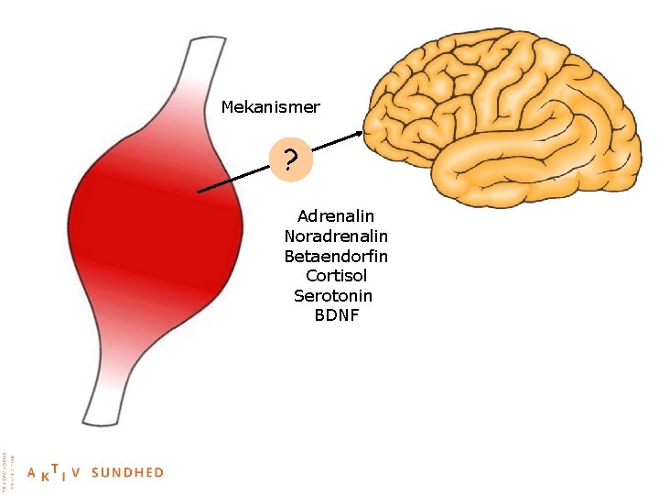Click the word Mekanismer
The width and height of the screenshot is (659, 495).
(270, 107)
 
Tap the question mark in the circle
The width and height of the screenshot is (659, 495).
(290, 162)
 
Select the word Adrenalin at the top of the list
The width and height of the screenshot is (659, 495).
(336, 216)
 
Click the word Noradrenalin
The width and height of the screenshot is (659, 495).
(336, 236)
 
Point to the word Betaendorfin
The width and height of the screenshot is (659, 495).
(336, 256)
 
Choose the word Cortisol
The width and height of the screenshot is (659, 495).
(336, 276)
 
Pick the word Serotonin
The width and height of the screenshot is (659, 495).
(333, 296)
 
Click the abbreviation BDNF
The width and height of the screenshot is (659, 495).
(336, 316)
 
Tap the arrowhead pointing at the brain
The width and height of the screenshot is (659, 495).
(358, 135)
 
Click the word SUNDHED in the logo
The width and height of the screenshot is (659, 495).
(128, 473)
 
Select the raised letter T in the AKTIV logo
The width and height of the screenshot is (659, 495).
(55, 467)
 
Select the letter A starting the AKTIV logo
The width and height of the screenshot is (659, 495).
(32, 474)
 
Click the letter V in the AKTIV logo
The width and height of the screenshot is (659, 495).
(76, 473)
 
